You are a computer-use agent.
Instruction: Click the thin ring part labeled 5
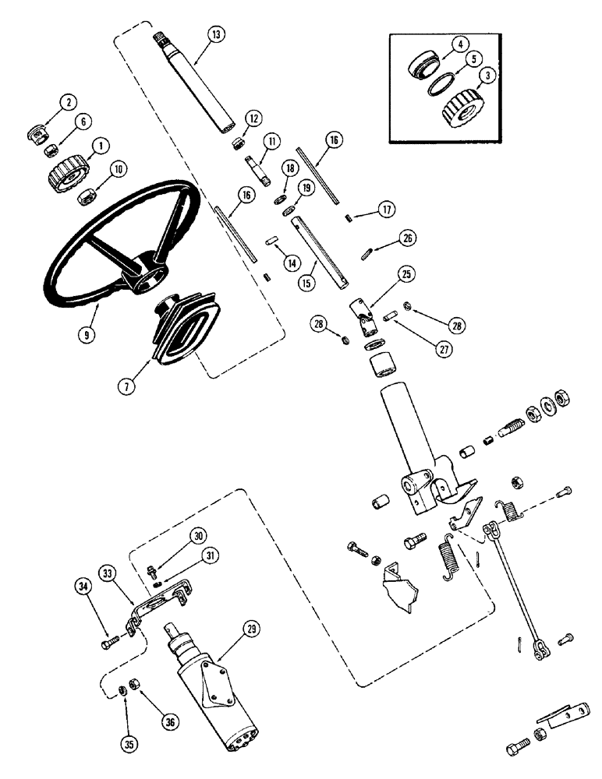coord(442,83)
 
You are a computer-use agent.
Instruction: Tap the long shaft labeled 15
coord(319,254)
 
